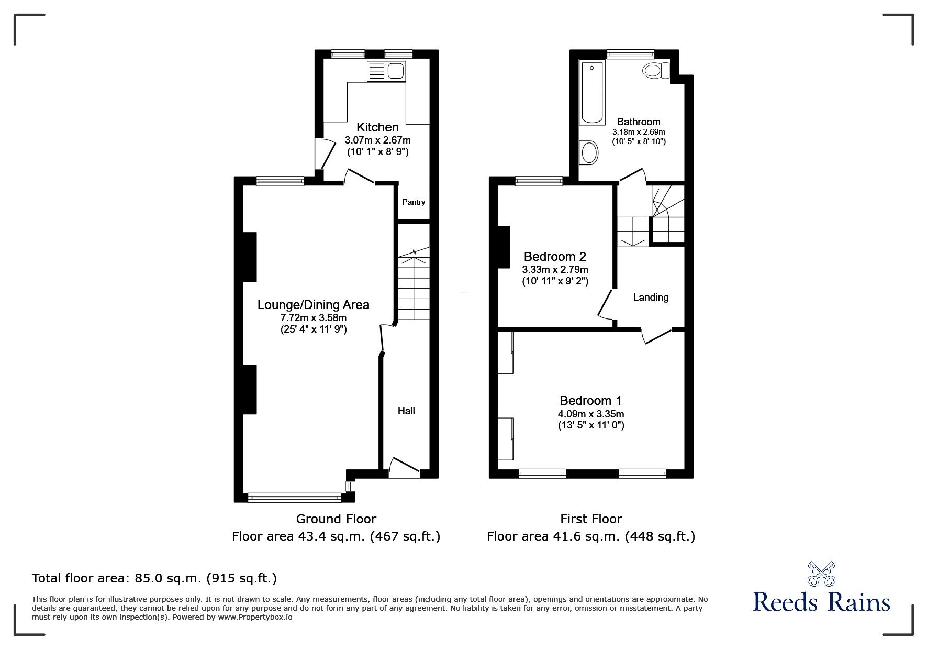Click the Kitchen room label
377,127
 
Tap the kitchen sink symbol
386,70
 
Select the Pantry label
414,202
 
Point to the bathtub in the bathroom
592,93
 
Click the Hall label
406,411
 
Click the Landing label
651,298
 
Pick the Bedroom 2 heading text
555,257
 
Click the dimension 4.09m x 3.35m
590,414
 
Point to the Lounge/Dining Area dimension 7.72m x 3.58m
313,317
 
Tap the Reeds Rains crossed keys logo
822,574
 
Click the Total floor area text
154,578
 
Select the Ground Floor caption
336,519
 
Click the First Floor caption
591,519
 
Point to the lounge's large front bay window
294,496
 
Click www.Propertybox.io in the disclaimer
255,617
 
